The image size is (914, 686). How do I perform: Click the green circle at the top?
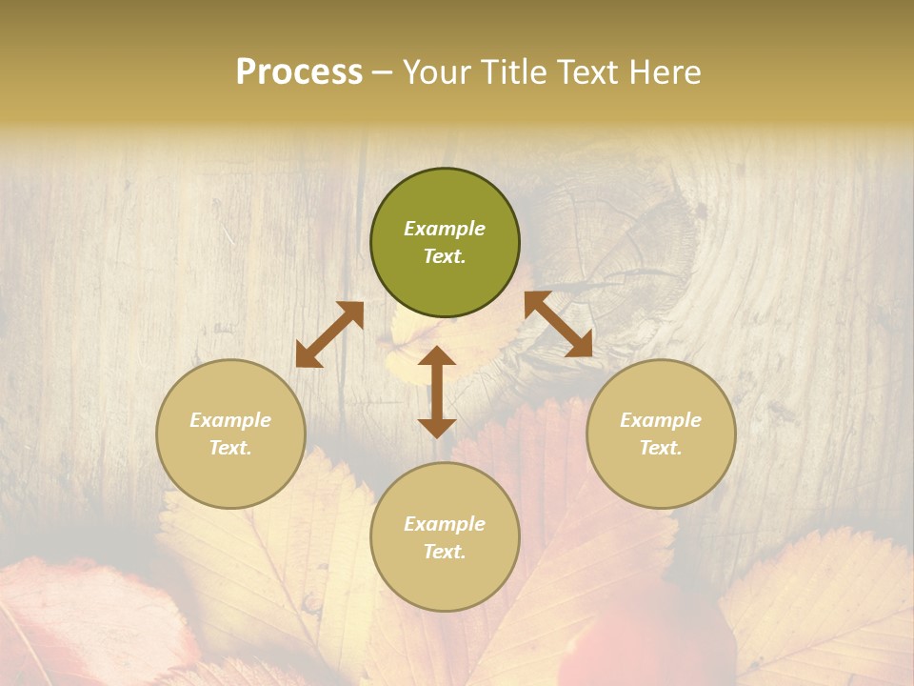[x=445, y=243]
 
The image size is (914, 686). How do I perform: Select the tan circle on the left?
[x=230, y=434]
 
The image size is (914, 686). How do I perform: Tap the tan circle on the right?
[x=661, y=434]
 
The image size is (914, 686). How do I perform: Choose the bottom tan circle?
[x=445, y=537]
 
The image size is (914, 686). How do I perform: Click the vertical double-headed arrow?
[x=437, y=392]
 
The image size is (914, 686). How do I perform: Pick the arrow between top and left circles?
[x=329, y=334]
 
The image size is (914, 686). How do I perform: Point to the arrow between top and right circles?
[x=559, y=324]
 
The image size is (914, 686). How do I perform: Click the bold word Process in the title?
[x=299, y=71]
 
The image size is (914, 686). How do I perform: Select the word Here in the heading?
[x=666, y=71]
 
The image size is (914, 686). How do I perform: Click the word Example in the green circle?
[x=445, y=229]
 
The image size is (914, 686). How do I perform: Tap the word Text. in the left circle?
[x=230, y=448]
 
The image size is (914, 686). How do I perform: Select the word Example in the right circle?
[x=661, y=419]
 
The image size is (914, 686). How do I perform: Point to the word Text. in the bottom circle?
[x=445, y=552]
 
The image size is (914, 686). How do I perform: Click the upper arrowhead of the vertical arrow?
[x=437, y=357]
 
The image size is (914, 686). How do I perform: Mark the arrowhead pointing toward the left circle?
[x=307, y=356]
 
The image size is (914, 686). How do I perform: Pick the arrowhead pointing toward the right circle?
[x=580, y=346]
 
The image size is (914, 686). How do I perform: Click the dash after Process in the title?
[x=383, y=71]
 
